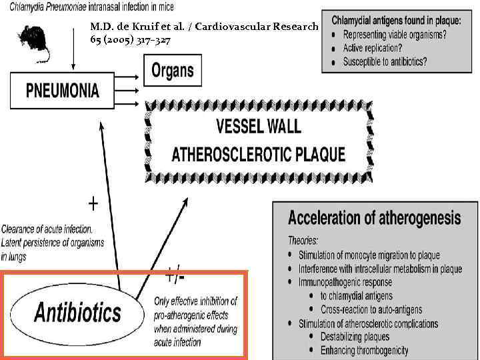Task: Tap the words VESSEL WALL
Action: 259,126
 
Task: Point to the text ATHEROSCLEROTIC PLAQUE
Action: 259,155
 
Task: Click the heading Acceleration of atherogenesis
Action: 374,218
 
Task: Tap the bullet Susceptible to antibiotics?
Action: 385,62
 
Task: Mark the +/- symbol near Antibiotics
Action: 175,274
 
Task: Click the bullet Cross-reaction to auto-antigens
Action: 371,309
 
